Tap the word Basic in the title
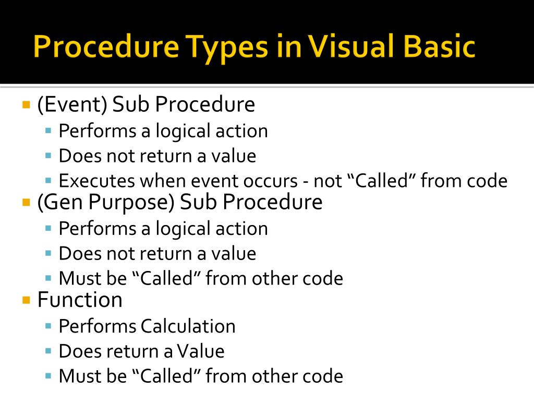point(439,46)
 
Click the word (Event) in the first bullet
point(72,104)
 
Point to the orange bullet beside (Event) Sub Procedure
point(26,104)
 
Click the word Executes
point(97,181)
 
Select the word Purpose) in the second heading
point(131,203)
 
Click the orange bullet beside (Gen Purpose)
point(26,203)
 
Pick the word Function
point(80,300)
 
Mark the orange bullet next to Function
point(26,300)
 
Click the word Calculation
point(188,326)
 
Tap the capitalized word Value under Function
point(201,351)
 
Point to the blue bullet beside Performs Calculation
point(48,326)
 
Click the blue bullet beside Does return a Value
point(48,351)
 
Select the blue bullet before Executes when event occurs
point(48,180)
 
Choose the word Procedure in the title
point(106,46)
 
